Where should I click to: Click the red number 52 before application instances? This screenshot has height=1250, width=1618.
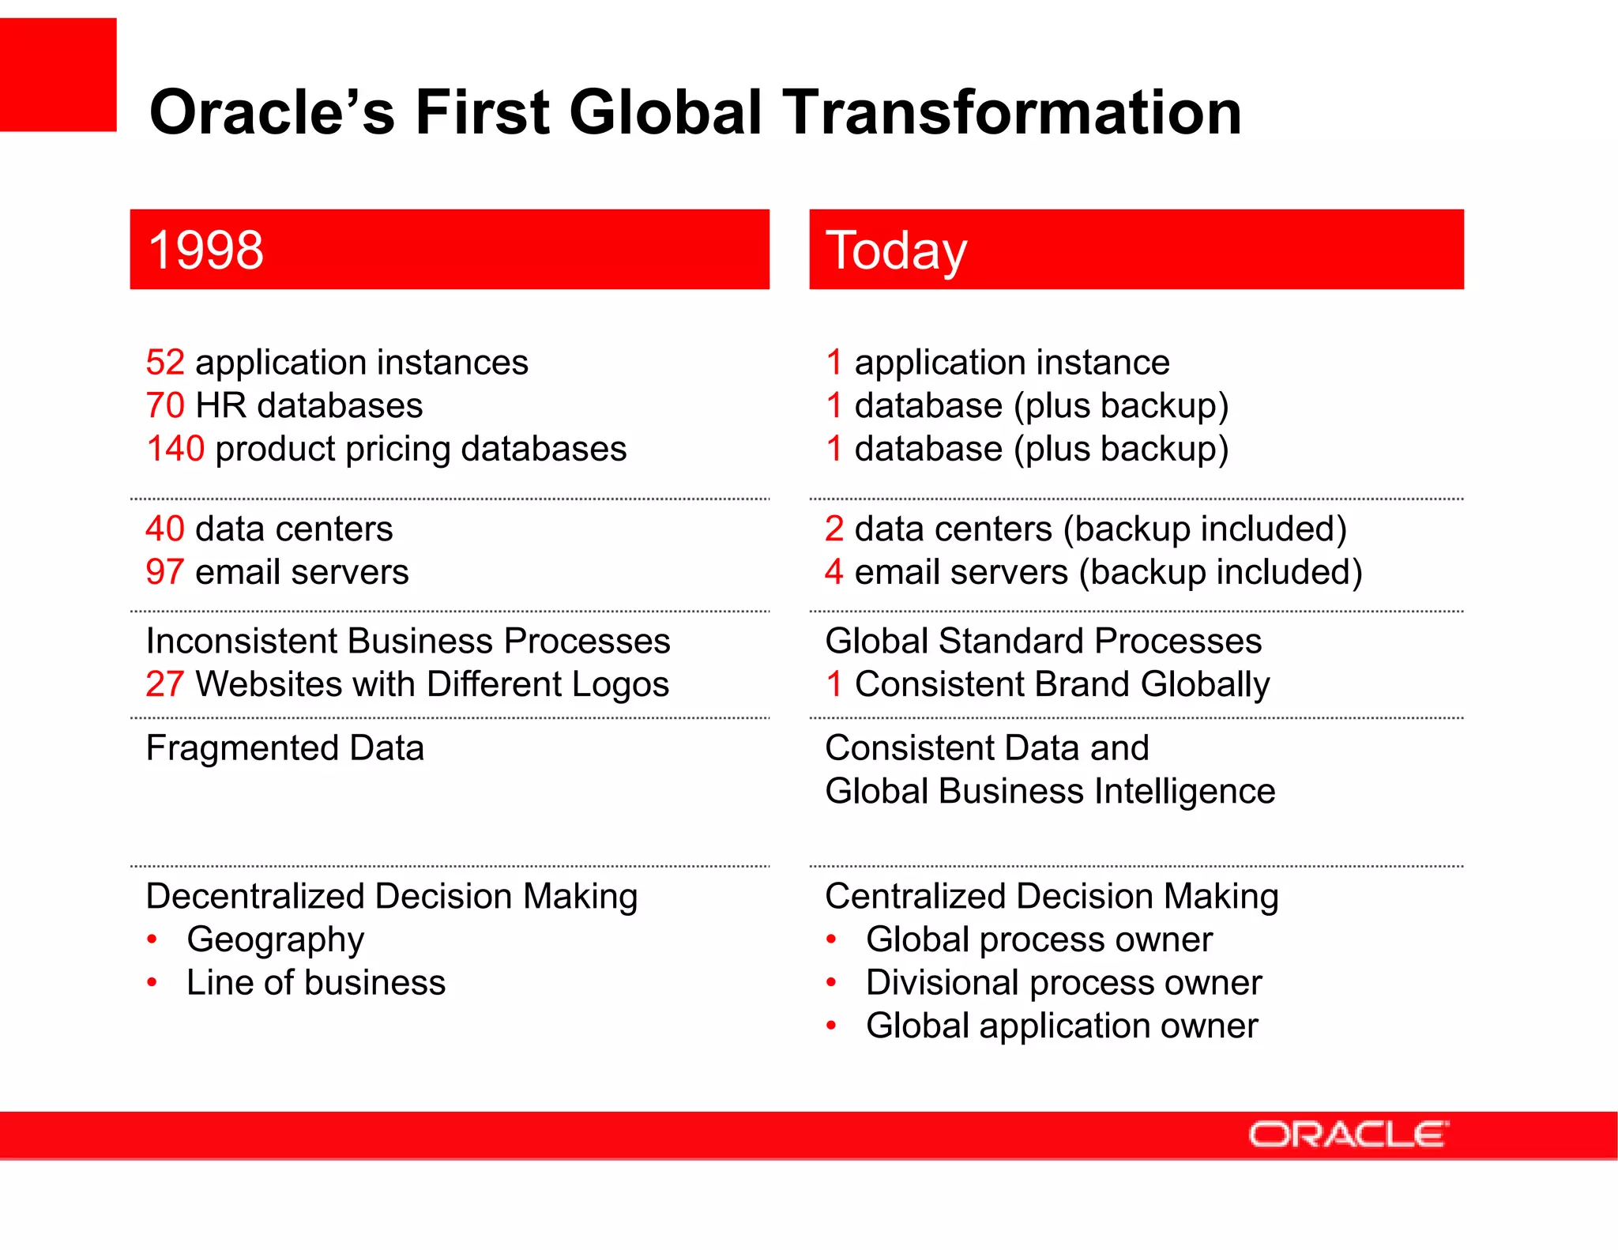165,363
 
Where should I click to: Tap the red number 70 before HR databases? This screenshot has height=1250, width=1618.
165,406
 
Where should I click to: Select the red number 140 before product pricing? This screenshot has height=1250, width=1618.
175,449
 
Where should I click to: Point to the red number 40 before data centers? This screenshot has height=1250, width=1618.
165,529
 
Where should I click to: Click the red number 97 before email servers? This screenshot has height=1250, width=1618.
165,572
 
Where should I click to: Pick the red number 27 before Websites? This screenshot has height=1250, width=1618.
165,684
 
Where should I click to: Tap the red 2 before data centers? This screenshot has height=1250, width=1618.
834,529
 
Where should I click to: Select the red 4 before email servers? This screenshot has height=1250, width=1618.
834,572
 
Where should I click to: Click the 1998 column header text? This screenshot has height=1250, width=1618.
205,250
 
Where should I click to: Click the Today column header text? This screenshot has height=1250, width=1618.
896,250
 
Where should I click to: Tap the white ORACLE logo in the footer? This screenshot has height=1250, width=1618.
1348,1135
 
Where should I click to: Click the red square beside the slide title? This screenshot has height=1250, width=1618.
58,75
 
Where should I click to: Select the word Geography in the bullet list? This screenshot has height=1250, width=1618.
275,940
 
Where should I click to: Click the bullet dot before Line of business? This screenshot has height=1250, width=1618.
152,983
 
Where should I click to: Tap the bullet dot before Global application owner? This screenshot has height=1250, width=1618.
831,1026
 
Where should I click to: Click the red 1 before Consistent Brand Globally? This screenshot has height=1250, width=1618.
834,684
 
